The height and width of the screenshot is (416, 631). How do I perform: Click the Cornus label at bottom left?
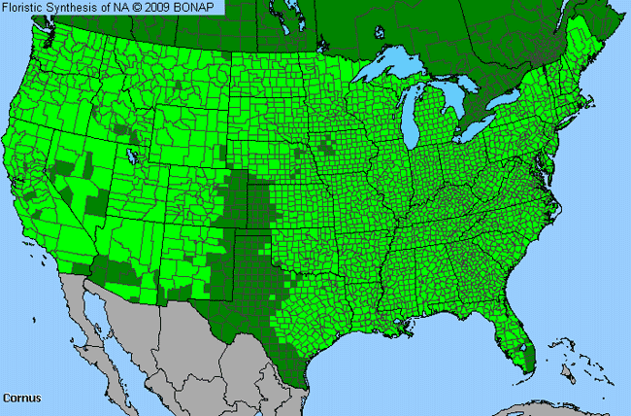point(20,398)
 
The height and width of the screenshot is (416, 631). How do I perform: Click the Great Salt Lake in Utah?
point(129,152)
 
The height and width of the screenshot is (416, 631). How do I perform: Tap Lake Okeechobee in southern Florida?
point(524,345)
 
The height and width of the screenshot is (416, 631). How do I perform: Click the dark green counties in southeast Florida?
point(528,362)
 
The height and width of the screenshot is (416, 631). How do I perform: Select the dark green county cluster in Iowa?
point(327,147)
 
